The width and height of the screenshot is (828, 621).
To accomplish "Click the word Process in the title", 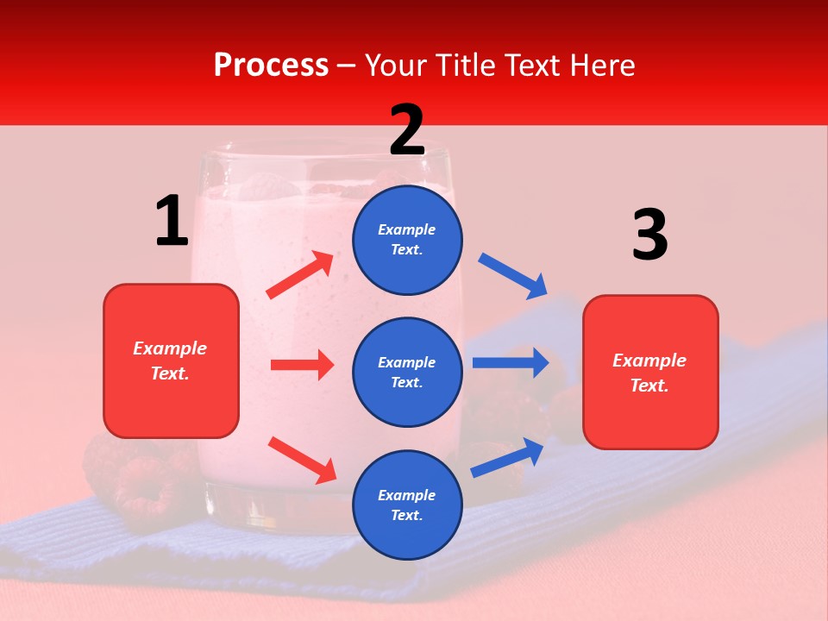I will (271, 66).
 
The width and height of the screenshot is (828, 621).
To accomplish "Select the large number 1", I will (172, 222).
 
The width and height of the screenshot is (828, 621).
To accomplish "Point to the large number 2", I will (407, 130).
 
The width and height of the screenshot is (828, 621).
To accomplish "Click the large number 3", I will (649, 235).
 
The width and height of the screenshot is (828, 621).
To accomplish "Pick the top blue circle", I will (407, 240).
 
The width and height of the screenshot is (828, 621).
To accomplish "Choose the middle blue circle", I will (407, 372).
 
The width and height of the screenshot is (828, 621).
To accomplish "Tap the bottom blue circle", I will (407, 505).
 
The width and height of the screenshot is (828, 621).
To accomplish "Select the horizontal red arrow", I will (302, 365).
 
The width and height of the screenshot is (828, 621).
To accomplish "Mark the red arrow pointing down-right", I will (303, 460).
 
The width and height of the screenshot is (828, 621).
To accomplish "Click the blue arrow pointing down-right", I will (512, 276).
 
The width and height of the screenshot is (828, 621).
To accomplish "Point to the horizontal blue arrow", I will (511, 363).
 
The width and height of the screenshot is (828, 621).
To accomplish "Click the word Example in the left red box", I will (170, 348).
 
